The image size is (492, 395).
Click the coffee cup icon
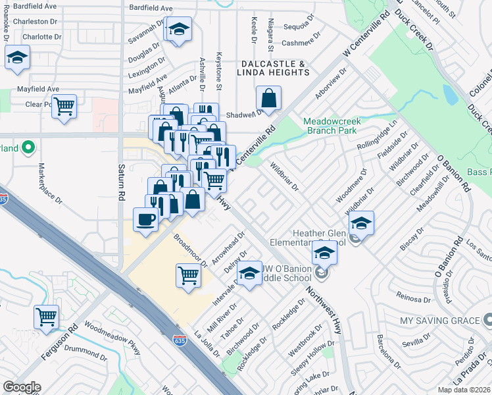click(x=145, y=219)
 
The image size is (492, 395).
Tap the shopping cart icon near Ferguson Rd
click(x=47, y=317)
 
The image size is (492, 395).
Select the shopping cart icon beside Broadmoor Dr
click(x=189, y=274)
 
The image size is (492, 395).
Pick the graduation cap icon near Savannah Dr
click(x=179, y=30)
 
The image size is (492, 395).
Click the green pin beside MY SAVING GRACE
click(x=487, y=321)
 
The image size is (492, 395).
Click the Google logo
click(x=22, y=387)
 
